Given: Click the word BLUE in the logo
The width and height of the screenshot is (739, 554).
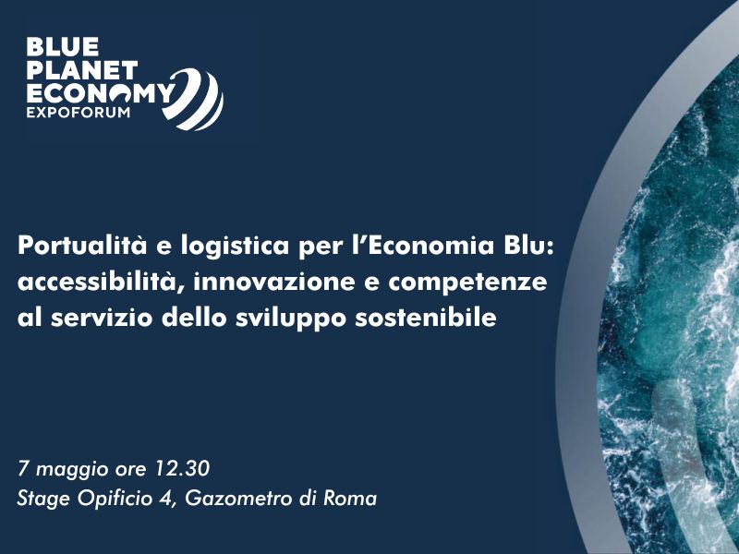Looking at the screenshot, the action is click(x=63, y=47).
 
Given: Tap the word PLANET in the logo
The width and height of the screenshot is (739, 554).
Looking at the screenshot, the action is click(x=82, y=70).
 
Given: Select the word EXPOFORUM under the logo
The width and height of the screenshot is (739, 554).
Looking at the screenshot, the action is click(x=79, y=112).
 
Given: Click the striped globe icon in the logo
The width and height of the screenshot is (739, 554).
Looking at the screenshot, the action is click(x=193, y=100).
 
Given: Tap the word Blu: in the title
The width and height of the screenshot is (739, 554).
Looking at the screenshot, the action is click(x=529, y=246).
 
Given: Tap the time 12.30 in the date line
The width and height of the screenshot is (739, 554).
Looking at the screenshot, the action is click(x=182, y=469).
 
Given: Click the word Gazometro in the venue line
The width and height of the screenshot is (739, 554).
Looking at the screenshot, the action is click(x=238, y=499).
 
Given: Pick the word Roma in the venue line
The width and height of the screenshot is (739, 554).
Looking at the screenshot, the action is click(x=350, y=499).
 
